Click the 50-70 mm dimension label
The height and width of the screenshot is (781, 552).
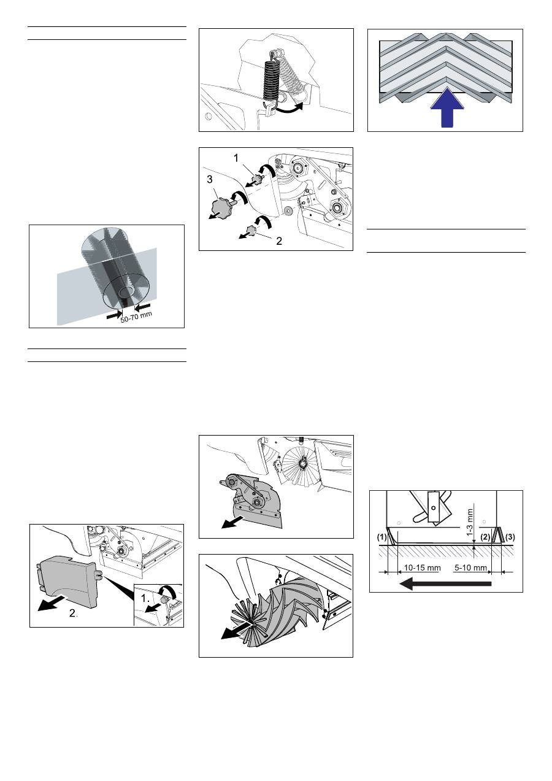tap(136, 317)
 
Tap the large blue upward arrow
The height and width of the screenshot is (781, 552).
tap(447, 109)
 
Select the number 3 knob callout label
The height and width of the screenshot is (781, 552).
tap(209, 179)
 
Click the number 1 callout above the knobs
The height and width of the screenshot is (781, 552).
tap(236, 158)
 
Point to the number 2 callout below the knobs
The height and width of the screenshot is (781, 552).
tap(279, 241)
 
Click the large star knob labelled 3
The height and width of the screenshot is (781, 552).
tap(221, 206)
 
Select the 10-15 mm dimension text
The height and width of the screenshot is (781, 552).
tap(422, 568)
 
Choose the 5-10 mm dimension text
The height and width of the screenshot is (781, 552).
tap(470, 568)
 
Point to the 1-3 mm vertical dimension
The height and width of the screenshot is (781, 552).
tap(470, 522)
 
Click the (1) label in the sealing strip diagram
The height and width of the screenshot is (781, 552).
tap(382, 537)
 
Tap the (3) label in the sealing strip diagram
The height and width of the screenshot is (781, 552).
tap(510, 537)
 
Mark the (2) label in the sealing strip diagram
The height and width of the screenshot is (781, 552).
tap(485, 537)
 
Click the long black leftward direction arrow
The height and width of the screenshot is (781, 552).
tap(445, 583)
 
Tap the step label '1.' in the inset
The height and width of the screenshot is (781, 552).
tap(145, 599)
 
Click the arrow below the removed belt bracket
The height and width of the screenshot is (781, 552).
tap(233, 523)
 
